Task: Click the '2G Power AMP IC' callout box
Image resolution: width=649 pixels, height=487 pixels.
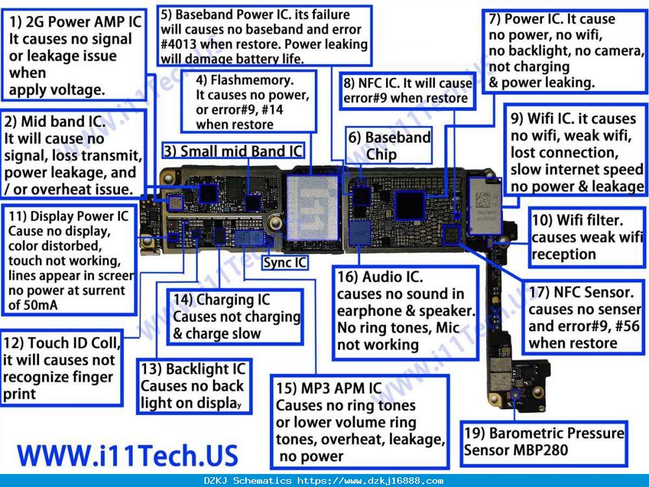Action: point(74,55)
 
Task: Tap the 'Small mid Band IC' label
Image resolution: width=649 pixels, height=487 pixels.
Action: point(234,151)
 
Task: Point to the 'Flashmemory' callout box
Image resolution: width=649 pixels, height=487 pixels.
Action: point(249,101)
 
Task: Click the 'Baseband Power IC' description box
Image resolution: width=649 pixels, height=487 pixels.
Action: point(265,36)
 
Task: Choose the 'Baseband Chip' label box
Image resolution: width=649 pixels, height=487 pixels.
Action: point(389,145)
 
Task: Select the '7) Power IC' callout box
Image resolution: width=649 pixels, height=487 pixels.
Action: point(565,51)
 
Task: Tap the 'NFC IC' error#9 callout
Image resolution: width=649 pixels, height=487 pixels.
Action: point(408,91)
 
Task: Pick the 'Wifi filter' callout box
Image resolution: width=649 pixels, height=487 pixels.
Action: point(587,237)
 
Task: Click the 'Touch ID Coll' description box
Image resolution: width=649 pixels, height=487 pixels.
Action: point(62,368)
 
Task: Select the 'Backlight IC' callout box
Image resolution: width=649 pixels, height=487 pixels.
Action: point(194,386)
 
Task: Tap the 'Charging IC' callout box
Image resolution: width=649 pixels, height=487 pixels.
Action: point(235,317)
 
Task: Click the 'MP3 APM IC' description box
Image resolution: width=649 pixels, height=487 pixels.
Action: point(360,421)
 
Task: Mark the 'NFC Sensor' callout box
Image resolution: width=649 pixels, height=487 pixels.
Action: point(583,318)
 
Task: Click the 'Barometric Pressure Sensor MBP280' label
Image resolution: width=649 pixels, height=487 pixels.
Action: point(544,442)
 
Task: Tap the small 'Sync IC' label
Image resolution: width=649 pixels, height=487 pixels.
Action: point(285,262)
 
